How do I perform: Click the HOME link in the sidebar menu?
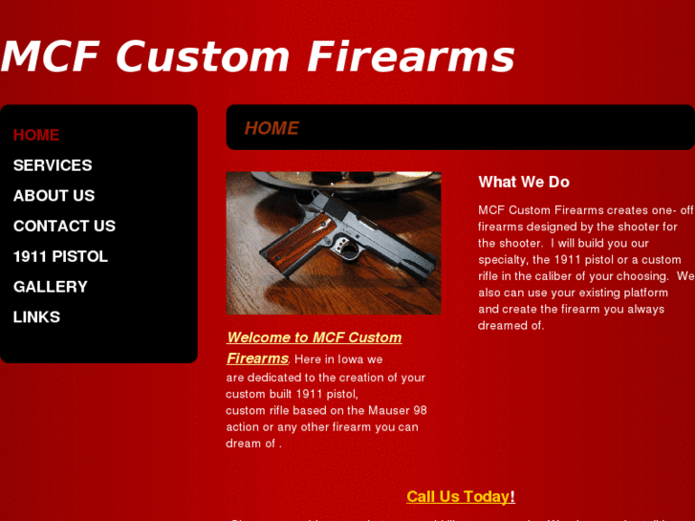click(36, 135)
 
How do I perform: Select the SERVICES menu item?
click(53, 165)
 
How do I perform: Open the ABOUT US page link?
click(54, 196)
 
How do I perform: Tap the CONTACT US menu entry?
click(64, 227)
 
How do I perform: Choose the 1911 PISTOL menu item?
click(60, 256)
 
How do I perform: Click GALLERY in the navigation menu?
click(50, 287)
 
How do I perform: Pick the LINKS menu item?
click(36, 317)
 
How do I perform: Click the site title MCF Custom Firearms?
click(258, 56)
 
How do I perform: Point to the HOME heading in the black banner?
click(271, 128)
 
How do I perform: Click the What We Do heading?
click(523, 182)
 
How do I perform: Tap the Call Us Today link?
click(459, 496)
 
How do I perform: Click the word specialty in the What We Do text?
click(503, 260)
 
